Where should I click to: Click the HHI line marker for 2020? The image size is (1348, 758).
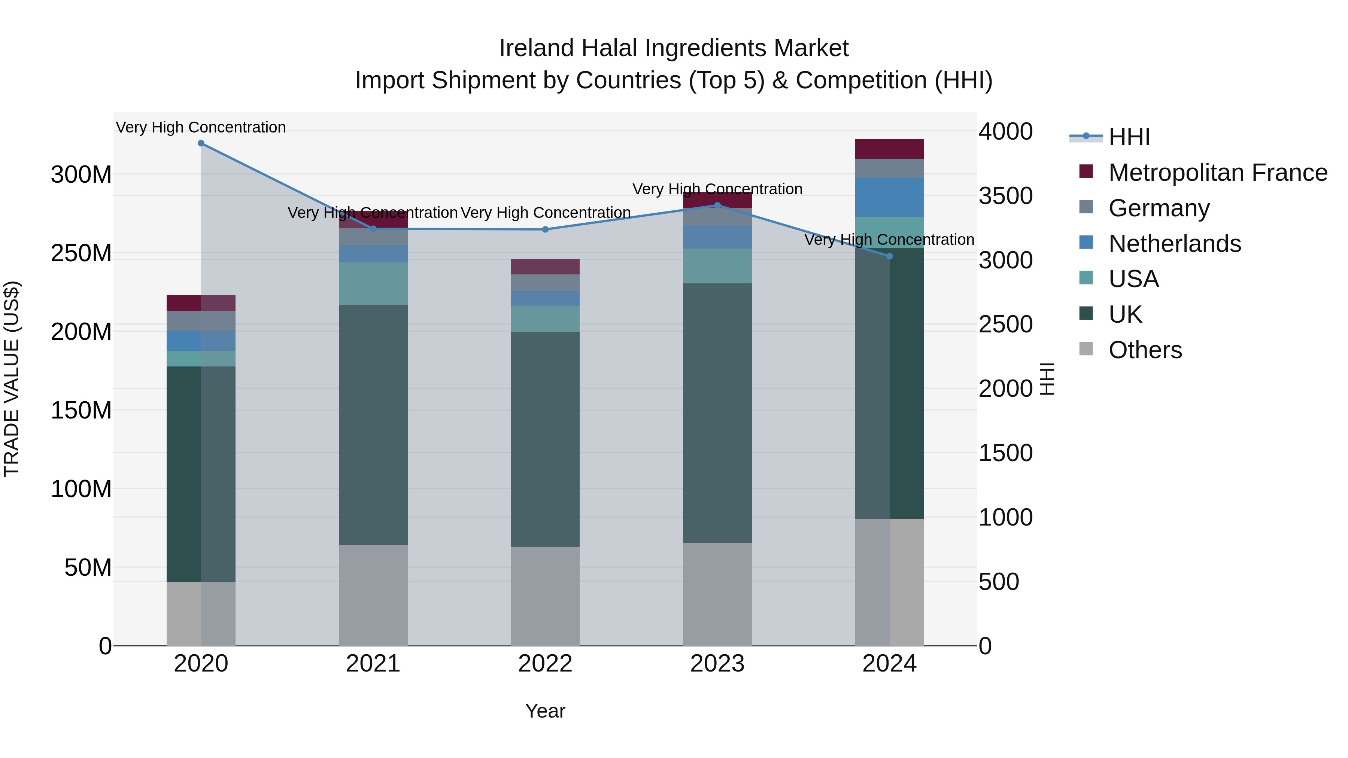[201, 143]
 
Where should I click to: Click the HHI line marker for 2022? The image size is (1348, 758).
[545, 229]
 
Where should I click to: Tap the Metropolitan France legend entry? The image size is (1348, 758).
[1217, 173]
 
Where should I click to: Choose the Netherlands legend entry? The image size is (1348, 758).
[1174, 244]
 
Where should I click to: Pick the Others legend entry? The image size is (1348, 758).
[1145, 350]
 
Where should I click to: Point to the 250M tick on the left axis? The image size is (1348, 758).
[81, 253]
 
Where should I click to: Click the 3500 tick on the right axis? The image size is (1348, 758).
[1005, 196]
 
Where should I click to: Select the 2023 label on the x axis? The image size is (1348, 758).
[717, 664]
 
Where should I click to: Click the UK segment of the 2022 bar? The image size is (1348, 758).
[545, 439]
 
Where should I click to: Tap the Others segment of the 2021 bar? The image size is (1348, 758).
[373, 595]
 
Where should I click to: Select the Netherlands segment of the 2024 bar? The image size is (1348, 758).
[890, 197]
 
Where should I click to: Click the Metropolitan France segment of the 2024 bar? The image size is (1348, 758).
[890, 149]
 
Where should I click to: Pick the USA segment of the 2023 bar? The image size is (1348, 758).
[717, 266]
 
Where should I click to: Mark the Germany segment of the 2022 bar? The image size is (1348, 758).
[545, 283]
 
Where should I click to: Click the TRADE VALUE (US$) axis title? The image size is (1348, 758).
[12, 379]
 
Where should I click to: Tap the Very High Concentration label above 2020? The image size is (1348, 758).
[201, 127]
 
